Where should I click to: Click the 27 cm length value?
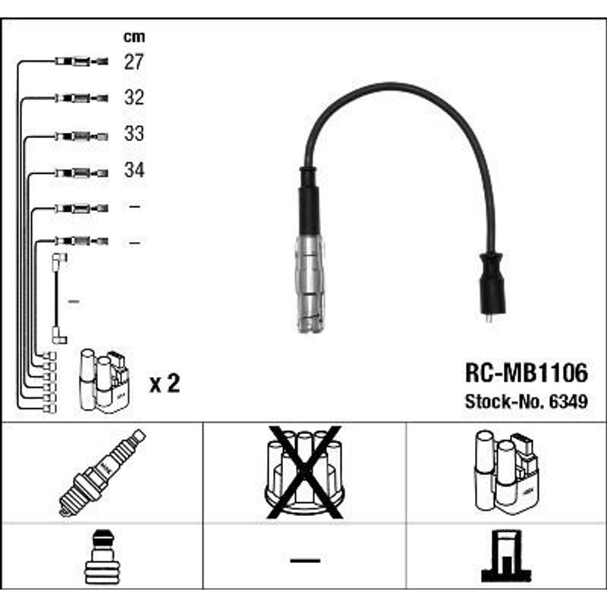coord(134,61)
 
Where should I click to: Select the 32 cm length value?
coord(134,97)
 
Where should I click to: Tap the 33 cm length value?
coord(134,134)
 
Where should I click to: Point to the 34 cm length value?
coord(134,169)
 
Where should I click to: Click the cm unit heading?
coord(134,36)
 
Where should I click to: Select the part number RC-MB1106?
coord(527,373)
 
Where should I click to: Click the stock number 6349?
coord(568,401)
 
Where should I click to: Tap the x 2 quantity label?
coord(165,383)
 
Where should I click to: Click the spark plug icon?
coord(102,473)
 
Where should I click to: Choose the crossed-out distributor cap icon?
coord(305,472)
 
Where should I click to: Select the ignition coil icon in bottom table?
coord(506,472)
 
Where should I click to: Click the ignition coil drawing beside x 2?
coord(104,380)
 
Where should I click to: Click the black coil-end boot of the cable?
coord(492,283)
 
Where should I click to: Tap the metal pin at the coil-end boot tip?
coord(489,318)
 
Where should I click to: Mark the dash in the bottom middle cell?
coord(305,560)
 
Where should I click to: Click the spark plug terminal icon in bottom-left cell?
coord(102,557)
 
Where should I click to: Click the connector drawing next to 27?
coord(82,61)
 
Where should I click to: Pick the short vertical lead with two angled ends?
coord(58,298)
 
